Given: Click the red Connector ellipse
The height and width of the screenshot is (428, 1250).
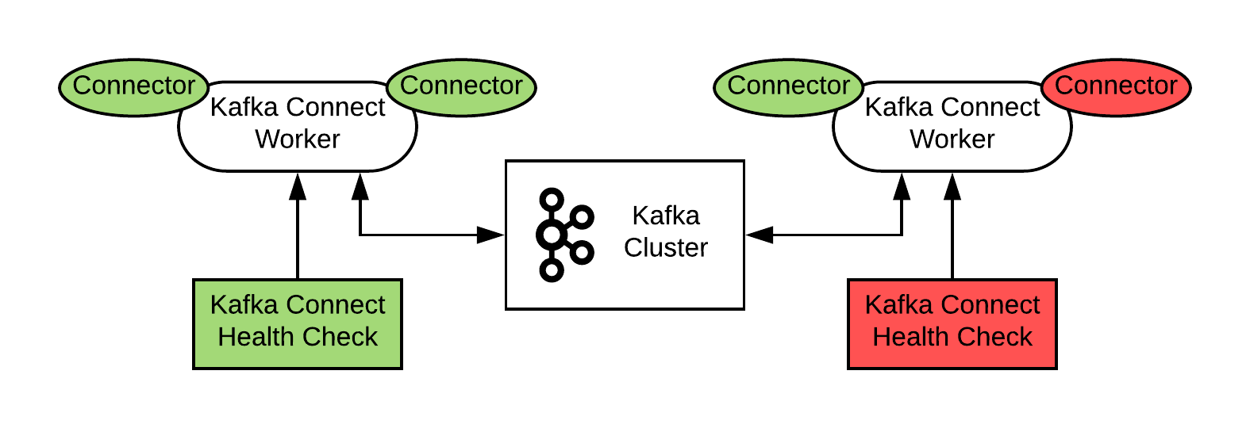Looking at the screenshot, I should (1115, 87).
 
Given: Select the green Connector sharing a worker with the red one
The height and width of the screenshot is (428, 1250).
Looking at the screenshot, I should (788, 87).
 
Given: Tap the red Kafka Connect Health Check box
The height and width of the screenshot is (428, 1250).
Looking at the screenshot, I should (952, 323).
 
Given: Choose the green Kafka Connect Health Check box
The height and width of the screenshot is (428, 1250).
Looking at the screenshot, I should (297, 323).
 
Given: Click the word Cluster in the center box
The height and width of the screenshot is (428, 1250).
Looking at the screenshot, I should (665, 248).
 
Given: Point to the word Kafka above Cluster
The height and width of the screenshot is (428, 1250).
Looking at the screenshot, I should (665, 216).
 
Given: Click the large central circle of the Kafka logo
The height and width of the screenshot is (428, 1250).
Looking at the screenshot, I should (551, 235).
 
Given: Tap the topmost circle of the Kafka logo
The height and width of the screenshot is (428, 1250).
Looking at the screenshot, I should (551, 199).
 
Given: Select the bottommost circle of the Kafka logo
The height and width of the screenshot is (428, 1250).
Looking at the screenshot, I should (551, 271).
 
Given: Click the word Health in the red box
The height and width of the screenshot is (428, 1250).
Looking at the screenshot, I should (908, 337).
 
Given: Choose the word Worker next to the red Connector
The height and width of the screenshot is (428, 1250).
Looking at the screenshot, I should (952, 139).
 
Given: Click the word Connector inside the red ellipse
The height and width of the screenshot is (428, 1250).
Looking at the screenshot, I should (1115, 86).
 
